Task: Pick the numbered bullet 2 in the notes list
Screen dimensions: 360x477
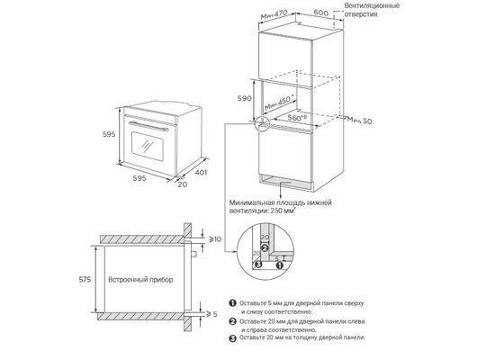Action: (232, 321)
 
